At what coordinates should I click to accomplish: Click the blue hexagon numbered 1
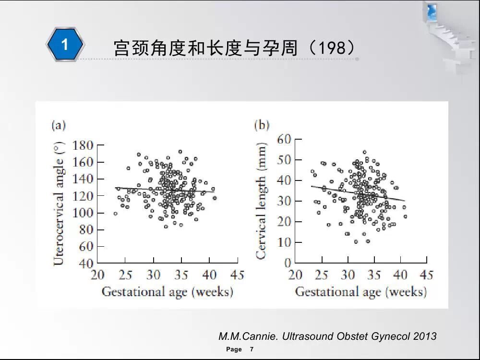click(65, 45)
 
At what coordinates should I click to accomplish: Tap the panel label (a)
click(58, 126)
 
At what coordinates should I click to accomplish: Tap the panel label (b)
click(262, 126)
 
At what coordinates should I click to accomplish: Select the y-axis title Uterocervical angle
click(59, 204)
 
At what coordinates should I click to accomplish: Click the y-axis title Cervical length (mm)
click(262, 200)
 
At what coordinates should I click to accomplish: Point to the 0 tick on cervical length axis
click(288, 263)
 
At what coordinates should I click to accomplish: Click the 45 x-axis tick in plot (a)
click(237, 275)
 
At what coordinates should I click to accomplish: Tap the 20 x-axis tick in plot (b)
click(295, 275)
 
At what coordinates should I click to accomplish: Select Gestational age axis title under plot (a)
click(167, 292)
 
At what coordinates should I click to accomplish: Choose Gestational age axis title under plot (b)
click(360, 292)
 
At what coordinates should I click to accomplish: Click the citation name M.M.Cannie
click(248, 336)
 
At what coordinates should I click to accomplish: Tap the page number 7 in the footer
click(252, 349)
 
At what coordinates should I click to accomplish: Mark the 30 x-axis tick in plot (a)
click(153, 275)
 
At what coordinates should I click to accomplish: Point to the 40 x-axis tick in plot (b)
click(400, 275)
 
